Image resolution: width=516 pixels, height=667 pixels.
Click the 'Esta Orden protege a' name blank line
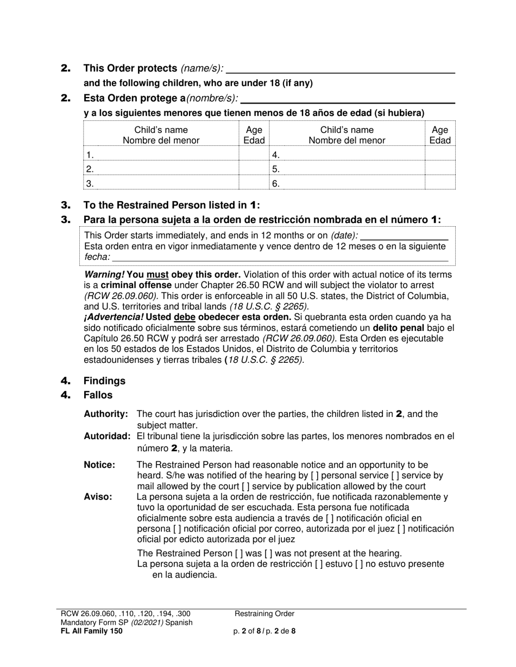click(x=348, y=99)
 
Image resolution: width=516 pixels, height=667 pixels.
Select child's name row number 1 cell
click(x=161, y=155)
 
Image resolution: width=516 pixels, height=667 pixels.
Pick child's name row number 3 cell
click(x=161, y=183)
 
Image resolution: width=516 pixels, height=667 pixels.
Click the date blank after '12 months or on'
click(x=404, y=236)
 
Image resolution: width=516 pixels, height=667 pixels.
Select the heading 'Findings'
click(x=104, y=381)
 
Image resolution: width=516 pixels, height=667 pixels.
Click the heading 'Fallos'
click(x=98, y=395)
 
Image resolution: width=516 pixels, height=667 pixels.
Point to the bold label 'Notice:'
click(x=99, y=465)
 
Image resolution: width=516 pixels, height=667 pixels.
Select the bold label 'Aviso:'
click(x=98, y=497)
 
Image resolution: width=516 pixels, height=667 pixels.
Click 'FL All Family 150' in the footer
click(x=92, y=631)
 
